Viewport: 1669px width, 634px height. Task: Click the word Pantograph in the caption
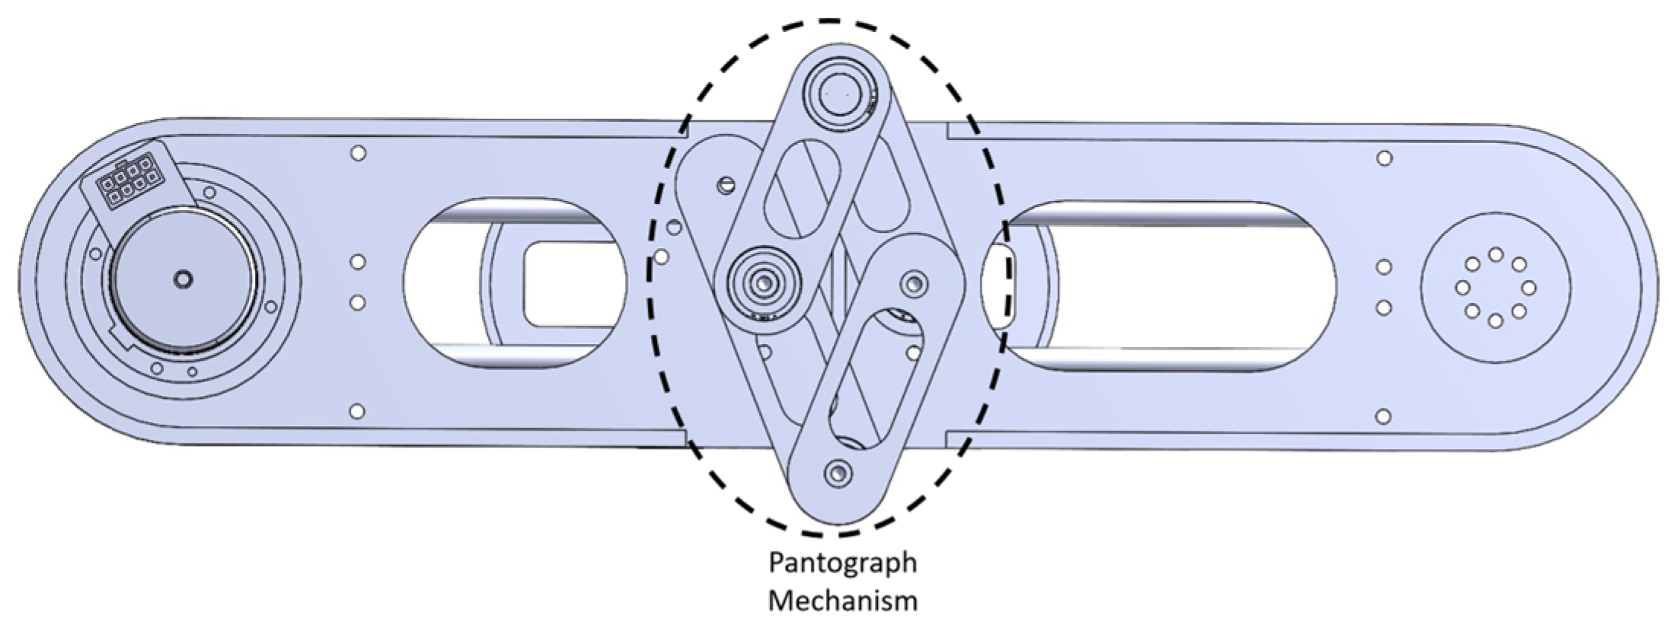(842, 564)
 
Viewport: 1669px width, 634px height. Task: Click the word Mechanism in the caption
(842, 601)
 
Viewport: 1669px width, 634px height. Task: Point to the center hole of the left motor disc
(183, 279)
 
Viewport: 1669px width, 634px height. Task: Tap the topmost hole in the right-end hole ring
(1495, 254)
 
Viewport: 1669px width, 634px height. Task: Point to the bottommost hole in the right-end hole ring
(1495, 321)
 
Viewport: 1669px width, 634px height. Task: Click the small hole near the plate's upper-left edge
(358, 153)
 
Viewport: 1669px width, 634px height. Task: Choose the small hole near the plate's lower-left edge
(356, 412)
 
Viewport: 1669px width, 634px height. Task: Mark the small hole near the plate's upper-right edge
(1385, 158)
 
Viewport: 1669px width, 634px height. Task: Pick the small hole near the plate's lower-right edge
(1384, 416)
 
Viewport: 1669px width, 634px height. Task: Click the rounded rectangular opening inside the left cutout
(571, 284)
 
